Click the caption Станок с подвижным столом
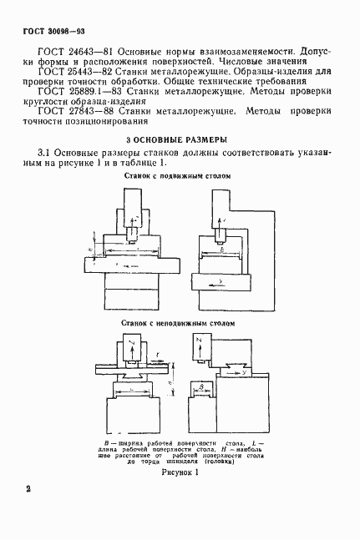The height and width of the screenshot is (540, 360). (x=176, y=177)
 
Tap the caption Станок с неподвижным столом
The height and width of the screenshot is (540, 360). (x=176, y=321)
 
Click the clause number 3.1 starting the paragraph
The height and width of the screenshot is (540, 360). (x=46, y=153)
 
